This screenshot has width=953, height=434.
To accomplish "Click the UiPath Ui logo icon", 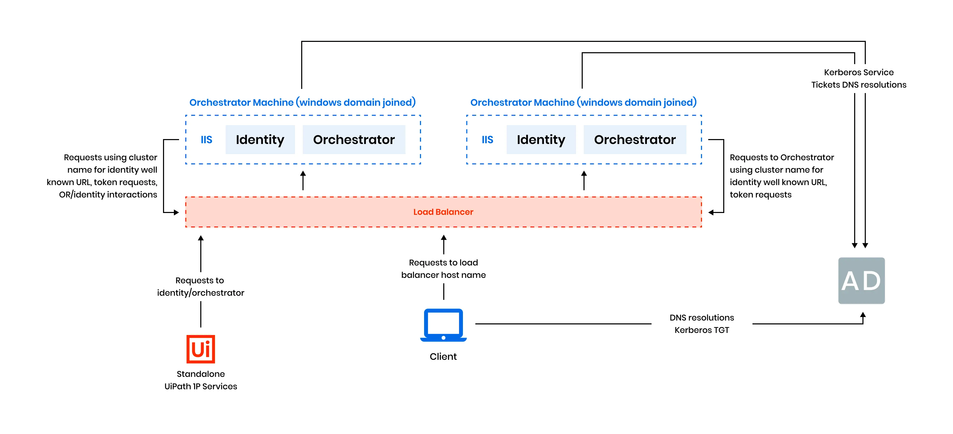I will click(201, 349).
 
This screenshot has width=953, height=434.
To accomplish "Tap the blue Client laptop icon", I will click(443, 325).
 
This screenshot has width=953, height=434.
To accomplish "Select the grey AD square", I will click(861, 280).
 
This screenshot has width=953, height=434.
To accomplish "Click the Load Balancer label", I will click(443, 212).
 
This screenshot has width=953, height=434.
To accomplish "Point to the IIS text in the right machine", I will click(487, 140).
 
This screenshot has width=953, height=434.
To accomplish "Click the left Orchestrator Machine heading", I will click(302, 102).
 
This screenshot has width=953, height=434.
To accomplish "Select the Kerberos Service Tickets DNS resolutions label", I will click(858, 78).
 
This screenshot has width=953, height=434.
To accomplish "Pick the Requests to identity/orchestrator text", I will click(201, 286).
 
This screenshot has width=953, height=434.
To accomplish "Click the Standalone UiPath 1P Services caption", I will click(201, 380).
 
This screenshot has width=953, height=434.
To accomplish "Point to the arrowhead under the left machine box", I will click(303, 174).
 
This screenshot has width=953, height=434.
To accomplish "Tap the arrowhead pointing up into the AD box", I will click(863, 315).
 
